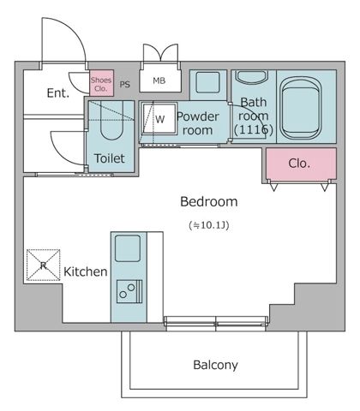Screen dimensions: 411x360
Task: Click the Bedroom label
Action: click(208, 202)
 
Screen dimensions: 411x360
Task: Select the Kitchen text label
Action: click(85, 272)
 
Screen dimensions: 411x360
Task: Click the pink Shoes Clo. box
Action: click(101, 83)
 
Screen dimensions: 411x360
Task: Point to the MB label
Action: click(159, 81)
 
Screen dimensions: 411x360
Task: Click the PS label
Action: click(124, 84)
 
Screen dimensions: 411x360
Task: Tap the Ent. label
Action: click(58, 92)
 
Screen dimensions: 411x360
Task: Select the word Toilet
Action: click(110, 158)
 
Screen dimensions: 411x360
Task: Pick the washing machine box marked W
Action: click(159, 119)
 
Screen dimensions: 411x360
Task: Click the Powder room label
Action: click(198, 123)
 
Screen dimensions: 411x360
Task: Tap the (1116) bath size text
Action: click(254, 130)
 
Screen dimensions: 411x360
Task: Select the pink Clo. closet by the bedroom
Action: click(299, 163)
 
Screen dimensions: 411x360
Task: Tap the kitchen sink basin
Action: click(130, 250)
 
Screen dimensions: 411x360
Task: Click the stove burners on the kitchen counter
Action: click(129, 293)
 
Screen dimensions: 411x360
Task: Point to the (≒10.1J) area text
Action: click(208, 224)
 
